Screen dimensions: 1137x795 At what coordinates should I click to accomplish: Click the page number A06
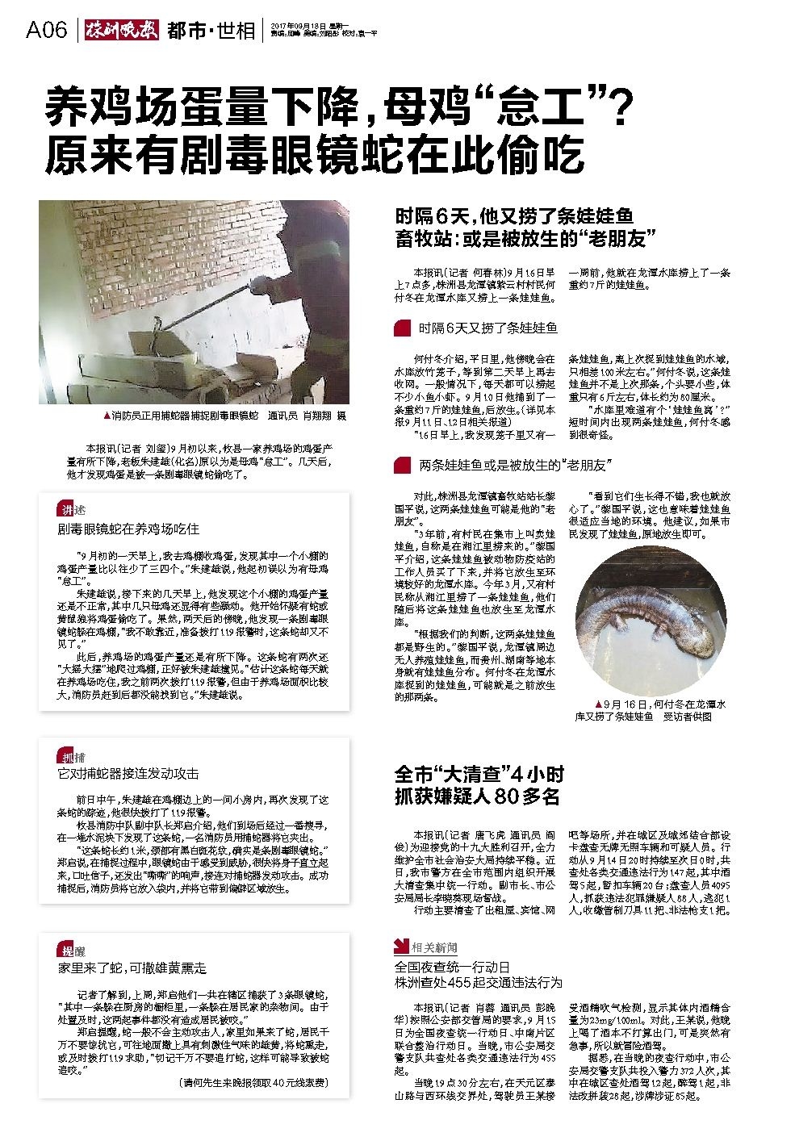(46, 31)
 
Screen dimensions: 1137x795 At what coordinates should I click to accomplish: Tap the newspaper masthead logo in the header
(121, 31)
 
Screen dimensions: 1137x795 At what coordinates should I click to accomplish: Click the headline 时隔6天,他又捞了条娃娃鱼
(513, 216)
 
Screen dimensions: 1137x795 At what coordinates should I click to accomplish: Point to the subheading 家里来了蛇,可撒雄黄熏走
(132, 967)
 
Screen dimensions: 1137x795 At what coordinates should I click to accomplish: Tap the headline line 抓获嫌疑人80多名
(477, 796)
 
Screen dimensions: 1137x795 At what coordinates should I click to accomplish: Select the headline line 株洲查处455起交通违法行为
(478, 982)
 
